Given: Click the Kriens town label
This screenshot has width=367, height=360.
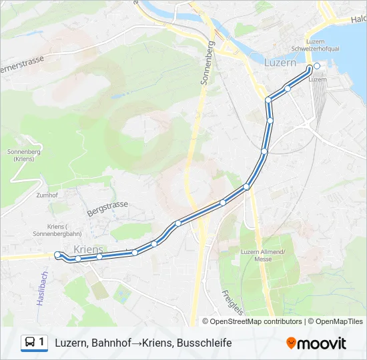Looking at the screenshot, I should [89, 249].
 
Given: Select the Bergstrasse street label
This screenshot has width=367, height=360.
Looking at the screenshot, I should [106, 205].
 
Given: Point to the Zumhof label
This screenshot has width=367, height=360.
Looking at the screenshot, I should [47, 195].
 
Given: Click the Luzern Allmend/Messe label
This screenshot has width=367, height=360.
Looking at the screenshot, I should [263, 255].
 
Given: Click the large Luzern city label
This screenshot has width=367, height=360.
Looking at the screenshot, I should [280, 63].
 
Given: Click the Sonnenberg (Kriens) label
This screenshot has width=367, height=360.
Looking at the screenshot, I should [19, 155].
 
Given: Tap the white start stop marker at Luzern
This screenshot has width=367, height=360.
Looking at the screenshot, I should [316, 66].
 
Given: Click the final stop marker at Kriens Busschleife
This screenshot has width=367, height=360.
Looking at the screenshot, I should [57, 254].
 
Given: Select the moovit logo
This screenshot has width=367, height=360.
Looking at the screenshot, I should [316, 343].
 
